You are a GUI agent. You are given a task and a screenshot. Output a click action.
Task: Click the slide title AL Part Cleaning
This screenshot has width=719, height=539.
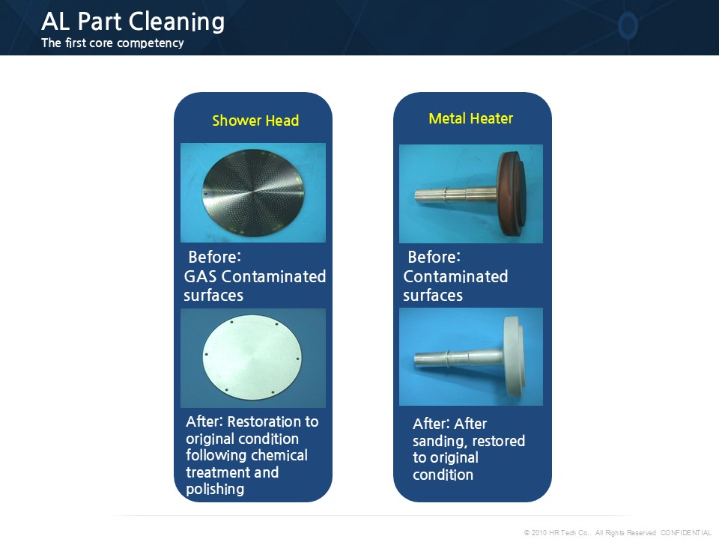[133, 22]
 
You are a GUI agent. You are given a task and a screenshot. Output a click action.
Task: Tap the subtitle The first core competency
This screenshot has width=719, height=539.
[112, 43]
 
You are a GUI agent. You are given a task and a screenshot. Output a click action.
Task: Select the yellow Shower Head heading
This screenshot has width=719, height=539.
[255, 121]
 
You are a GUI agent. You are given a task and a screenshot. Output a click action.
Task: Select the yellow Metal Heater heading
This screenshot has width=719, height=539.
[471, 119]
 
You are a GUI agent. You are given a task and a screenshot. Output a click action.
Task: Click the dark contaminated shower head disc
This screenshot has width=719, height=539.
[254, 193]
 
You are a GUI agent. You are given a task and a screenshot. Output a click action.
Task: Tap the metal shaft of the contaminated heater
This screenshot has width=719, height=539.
[456, 195]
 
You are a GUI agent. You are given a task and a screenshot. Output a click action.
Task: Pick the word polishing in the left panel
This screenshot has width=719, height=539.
[215, 490]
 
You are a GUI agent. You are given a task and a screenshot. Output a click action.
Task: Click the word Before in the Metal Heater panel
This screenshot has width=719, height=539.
[434, 257]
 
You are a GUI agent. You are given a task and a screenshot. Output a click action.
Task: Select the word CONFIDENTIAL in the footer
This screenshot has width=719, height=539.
[685, 532]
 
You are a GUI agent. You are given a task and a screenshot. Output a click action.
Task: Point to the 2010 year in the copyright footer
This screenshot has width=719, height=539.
[539, 532]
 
